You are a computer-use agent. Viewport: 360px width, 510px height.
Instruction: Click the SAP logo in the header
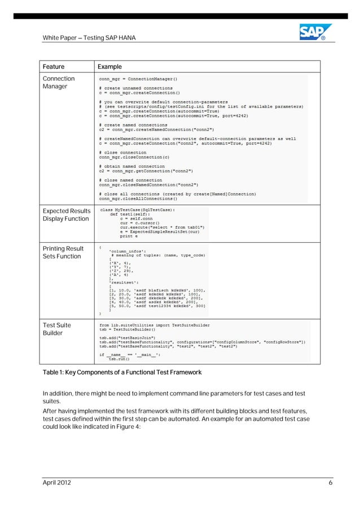[x=312, y=32]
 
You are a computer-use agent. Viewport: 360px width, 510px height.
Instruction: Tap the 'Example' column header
[x=110, y=67]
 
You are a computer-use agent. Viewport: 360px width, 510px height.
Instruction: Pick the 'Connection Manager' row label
[x=59, y=82]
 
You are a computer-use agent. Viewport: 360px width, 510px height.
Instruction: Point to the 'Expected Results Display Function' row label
[x=66, y=215]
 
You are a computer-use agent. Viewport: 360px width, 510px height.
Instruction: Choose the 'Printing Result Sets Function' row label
[x=63, y=252]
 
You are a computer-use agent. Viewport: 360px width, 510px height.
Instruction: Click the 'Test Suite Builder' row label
[x=57, y=329]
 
